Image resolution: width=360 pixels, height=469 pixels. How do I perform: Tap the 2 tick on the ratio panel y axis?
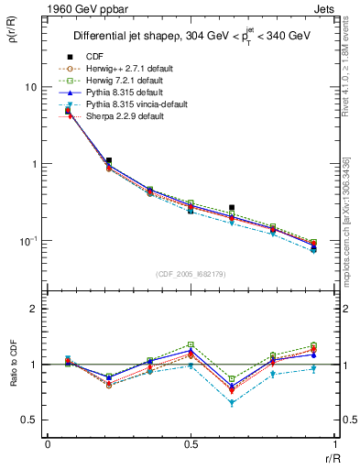point(37,310)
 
